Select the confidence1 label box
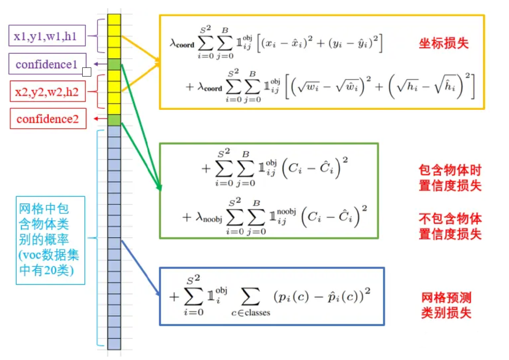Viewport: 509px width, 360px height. [47, 64]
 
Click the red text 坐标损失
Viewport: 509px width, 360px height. [443, 44]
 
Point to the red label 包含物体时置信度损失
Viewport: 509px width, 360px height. [450, 178]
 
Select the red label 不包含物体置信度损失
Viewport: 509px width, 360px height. [450, 226]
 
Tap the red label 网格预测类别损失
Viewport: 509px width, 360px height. [446, 305]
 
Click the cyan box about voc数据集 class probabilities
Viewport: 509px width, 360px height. [50, 240]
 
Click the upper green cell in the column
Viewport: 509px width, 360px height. [114, 64]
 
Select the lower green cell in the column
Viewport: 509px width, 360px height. [114, 120]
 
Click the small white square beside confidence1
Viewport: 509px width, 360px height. [87, 72]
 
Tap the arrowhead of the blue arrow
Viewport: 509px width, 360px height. [158, 293]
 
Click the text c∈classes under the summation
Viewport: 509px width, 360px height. [250, 312]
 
